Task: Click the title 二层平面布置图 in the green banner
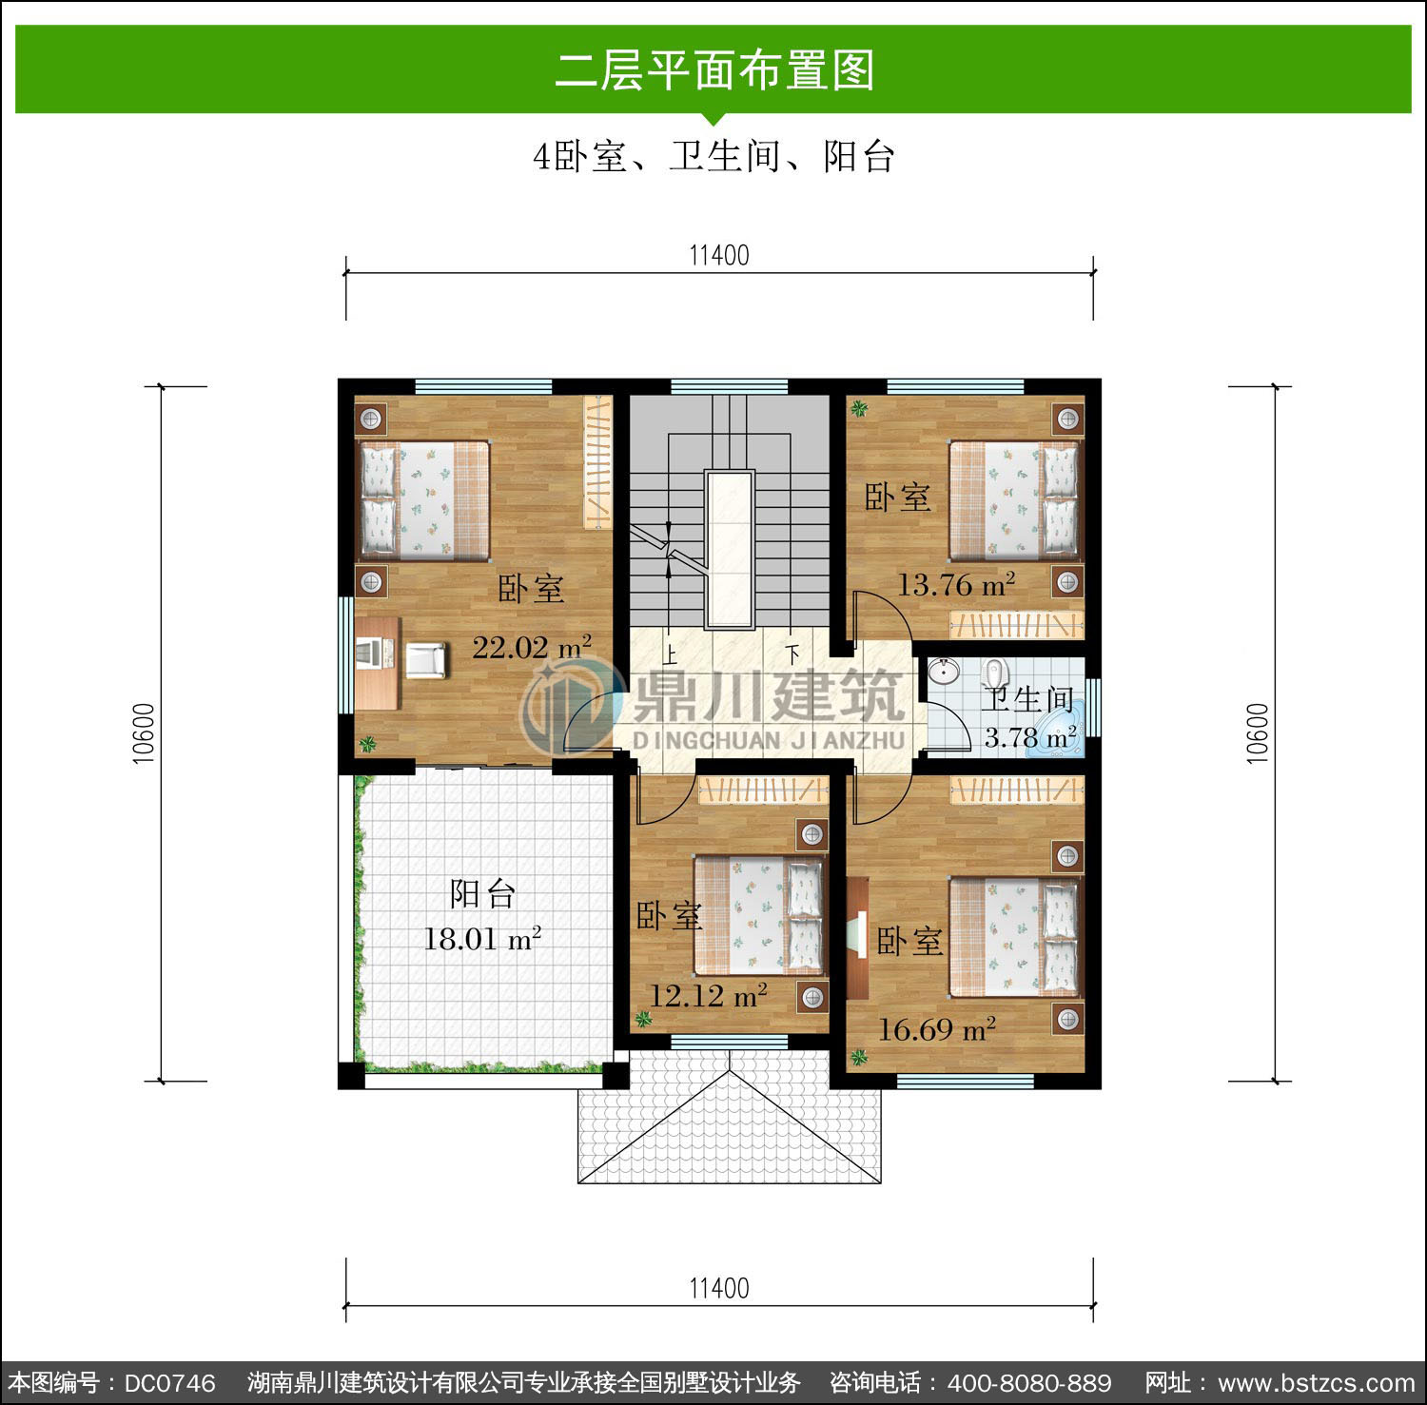714,70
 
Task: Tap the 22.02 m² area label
532,647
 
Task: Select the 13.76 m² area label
956,584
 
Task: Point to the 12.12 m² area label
709,996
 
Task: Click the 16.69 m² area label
937,1029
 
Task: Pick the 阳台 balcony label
483,894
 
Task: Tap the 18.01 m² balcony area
482,939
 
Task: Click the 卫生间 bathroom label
1029,699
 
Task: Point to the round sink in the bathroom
943,671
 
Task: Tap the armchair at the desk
425,659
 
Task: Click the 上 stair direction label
670,655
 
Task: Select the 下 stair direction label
792,655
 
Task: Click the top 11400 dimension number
718,256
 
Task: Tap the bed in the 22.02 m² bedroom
422,499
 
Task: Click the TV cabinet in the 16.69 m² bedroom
857,937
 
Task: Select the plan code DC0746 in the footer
170,1382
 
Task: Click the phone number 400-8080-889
1029,1382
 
